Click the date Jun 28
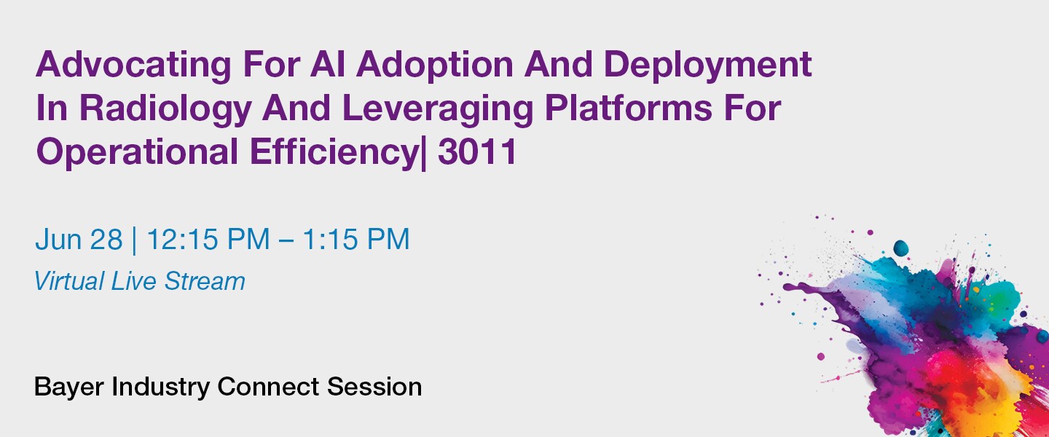coord(79,240)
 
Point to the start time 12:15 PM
coord(208,240)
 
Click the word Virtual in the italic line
coord(69,281)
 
